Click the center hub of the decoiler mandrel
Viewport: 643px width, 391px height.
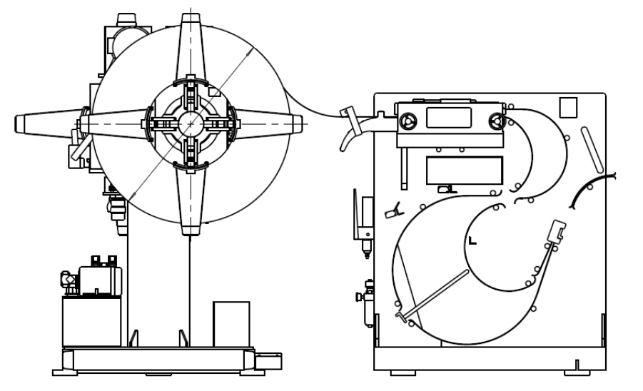[191, 123]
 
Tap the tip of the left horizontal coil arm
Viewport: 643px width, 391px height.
[20, 122]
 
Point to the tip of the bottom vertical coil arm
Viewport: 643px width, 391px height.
[191, 230]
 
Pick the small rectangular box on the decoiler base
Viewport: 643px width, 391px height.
[231, 323]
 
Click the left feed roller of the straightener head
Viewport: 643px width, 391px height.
[408, 123]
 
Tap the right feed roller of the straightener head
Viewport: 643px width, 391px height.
[494, 123]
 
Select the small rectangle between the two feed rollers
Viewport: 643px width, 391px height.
[450, 118]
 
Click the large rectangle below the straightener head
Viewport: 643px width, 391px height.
[464, 170]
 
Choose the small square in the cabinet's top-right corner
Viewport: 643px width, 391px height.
[569, 106]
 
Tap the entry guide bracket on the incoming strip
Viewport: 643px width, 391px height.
[348, 118]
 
